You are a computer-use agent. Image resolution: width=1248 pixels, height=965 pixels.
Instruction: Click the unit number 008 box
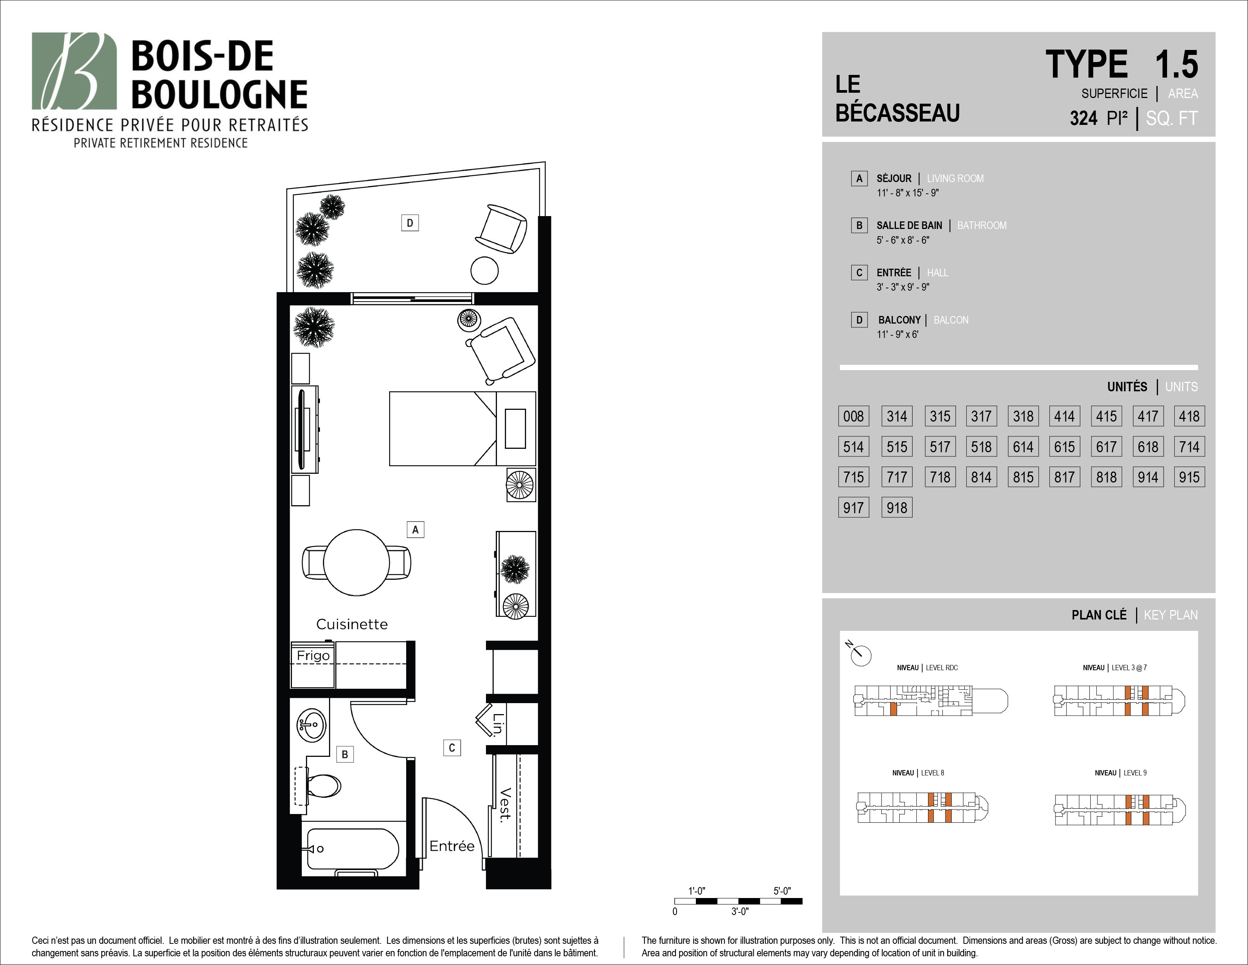[853, 416]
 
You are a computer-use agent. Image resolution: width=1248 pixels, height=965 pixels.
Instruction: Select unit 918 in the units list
[897, 507]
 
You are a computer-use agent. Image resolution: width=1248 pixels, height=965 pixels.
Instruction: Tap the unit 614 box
[1023, 447]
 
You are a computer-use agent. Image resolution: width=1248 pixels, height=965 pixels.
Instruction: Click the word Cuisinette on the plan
[352, 624]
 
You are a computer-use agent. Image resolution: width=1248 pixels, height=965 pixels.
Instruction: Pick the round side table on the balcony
[484, 271]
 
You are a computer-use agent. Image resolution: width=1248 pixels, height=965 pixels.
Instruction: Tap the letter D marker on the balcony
[410, 223]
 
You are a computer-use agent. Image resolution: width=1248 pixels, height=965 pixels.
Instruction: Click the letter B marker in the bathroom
[345, 755]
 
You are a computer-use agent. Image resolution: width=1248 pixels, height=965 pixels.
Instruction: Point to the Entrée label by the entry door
[452, 846]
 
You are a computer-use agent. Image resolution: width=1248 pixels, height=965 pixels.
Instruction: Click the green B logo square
[74, 71]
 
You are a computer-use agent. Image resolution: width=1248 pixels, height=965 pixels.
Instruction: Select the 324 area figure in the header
[1083, 118]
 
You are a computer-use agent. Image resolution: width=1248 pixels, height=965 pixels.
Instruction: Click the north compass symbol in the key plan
[860, 654]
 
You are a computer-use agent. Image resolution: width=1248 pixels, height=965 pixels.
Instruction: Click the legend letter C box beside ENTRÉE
[859, 273]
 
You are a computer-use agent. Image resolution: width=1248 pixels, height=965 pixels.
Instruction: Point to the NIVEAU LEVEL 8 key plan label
[918, 773]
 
